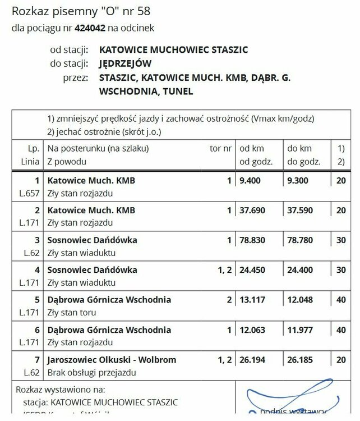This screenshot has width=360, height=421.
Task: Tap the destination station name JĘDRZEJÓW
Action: [x=126, y=63]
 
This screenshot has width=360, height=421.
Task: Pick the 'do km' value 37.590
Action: [x=301, y=210]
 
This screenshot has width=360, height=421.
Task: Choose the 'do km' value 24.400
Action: [x=301, y=270]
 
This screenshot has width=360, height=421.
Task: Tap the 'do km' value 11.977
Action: [x=301, y=330]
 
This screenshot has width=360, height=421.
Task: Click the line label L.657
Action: [x=30, y=193]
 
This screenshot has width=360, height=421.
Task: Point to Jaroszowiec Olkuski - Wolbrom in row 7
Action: [x=112, y=359]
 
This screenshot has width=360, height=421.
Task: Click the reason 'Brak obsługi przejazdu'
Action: [x=91, y=372]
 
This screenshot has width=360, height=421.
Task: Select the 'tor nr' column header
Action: [x=220, y=149]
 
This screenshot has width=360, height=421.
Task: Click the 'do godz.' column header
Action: [x=303, y=162]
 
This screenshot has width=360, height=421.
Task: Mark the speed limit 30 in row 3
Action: [x=340, y=240]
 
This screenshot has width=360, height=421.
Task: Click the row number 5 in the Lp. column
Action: [x=38, y=300]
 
